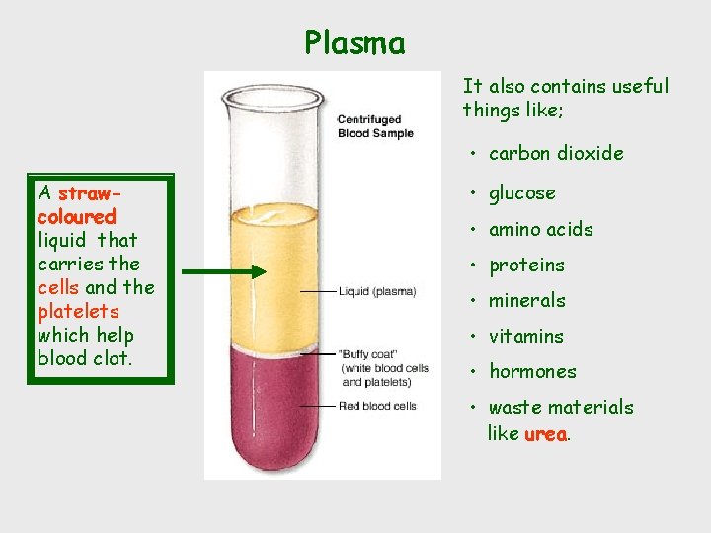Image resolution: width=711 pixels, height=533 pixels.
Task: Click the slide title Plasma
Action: (x=355, y=43)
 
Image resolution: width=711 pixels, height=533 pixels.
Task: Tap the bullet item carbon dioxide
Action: (x=556, y=153)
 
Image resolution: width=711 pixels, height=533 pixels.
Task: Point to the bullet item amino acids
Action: (x=541, y=229)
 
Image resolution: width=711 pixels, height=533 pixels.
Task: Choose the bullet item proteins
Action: (x=526, y=265)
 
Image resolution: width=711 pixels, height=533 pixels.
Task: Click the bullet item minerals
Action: (x=527, y=300)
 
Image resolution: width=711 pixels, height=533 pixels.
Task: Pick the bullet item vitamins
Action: (x=526, y=336)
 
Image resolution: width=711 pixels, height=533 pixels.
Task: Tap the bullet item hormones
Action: (x=532, y=371)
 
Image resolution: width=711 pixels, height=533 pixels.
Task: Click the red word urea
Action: (x=545, y=434)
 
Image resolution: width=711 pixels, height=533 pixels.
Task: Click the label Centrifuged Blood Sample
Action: (x=375, y=127)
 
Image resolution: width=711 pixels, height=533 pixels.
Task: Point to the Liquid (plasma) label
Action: (x=377, y=291)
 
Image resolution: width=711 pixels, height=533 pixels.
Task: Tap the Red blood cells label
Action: (x=376, y=406)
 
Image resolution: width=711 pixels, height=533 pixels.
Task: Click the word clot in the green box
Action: (x=112, y=358)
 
